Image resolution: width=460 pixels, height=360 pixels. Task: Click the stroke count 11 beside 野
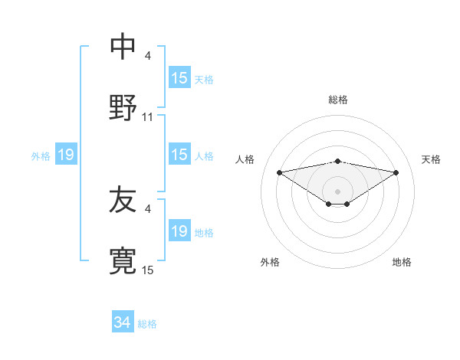pos(148,117)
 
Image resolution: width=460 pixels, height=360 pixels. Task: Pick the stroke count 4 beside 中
pos(148,56)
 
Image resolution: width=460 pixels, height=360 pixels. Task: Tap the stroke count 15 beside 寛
pos(148,270)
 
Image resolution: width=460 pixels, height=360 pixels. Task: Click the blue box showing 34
pos(123,323)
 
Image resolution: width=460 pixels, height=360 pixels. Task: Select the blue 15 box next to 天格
pos(179,78)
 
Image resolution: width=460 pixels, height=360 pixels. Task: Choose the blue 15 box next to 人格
pos(179,155)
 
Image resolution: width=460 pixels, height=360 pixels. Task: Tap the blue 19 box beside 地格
pos(179,231)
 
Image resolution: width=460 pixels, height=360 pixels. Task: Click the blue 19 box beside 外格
pos(66,155)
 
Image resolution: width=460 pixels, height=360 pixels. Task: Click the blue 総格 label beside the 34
pos(147,324)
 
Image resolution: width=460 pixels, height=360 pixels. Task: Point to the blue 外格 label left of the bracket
pos(41,156)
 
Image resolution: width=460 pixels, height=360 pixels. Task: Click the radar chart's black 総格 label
pos(338,100)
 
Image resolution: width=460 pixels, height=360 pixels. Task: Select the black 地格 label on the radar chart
pos(402,262)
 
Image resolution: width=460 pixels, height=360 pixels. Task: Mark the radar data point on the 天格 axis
pos(396,172)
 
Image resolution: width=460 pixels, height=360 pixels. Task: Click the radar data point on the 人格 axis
pos(279,172)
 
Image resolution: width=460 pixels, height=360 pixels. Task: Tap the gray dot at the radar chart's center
pos(338,191)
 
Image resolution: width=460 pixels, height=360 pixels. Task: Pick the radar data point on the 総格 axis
pos(338,161)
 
